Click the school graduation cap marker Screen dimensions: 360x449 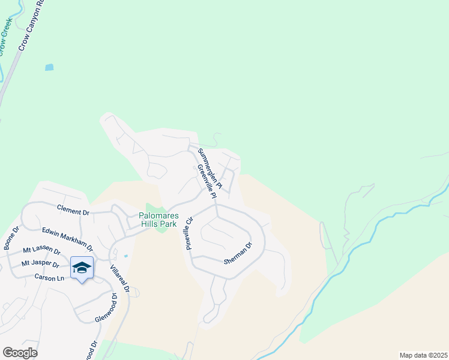click(82, 268)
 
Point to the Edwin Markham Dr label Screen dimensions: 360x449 click(67, 239)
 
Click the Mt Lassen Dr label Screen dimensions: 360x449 click(41, 251)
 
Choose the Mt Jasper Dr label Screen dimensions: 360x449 click(41, 264)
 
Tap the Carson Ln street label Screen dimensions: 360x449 click(50, 278)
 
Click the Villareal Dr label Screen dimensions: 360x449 click(120, 277)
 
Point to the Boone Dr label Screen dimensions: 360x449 click(11, 238)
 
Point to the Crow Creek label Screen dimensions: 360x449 click(6, 36)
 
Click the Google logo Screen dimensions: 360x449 click(20, 352)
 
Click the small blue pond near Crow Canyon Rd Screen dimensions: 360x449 click(49, 67)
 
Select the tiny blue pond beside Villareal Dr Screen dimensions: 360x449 click(125, 256)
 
